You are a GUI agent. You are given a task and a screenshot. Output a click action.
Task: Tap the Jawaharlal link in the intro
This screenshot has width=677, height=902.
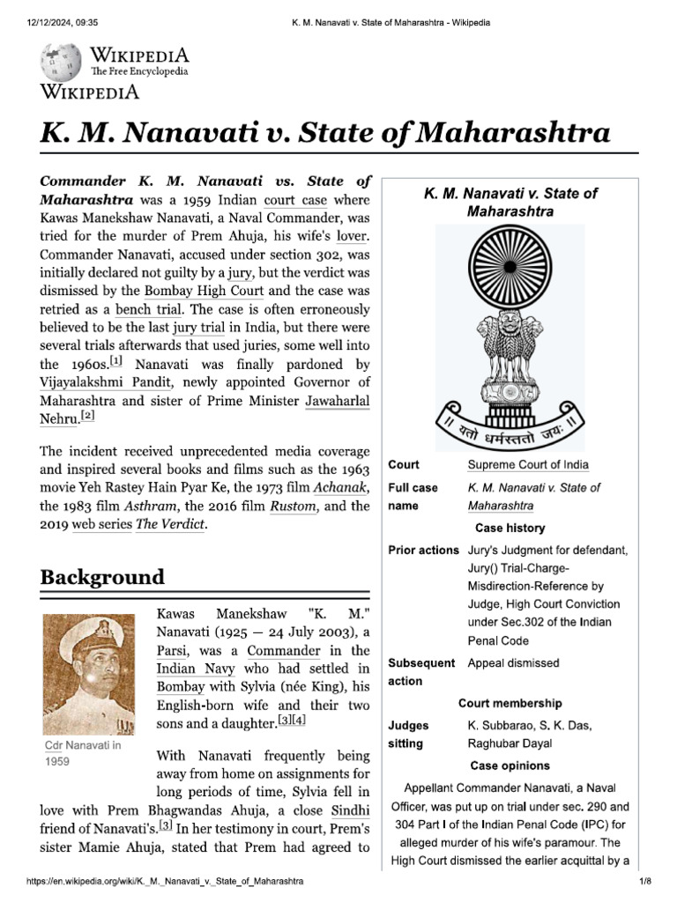coord(338,402)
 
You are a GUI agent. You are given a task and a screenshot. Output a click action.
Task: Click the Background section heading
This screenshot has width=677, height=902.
coord(102,578)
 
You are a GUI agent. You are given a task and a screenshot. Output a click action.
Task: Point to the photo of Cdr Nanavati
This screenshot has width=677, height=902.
coord(88,675)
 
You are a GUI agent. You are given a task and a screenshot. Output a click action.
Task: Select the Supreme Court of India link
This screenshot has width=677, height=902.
coord(528,464)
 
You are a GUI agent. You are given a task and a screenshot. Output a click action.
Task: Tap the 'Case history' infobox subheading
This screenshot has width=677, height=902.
coord(510,529)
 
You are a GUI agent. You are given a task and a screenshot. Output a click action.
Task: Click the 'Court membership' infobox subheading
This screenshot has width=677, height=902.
coord(510,704)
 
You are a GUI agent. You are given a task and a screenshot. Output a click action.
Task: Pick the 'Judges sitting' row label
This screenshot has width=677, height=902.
coord(409,735)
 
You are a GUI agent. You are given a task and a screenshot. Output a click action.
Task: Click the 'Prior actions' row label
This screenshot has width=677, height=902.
coord(423,551)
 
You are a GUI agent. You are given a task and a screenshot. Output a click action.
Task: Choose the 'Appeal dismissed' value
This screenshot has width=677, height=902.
coord(513,663)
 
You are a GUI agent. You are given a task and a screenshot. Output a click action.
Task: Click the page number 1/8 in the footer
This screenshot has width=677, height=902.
coord(644,881)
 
